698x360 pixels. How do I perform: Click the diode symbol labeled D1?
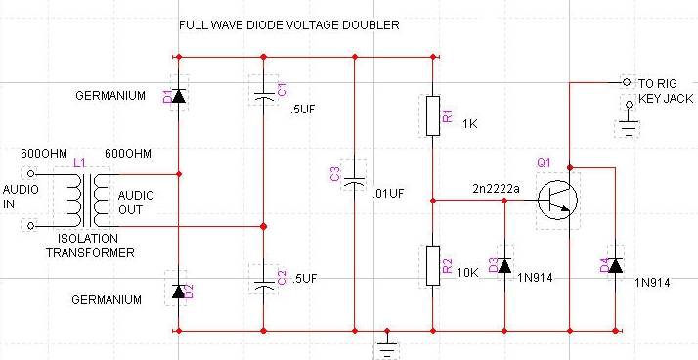coord(179,96)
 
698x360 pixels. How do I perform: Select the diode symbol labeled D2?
coord(179,292)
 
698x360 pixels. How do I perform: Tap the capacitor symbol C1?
coord(264,96)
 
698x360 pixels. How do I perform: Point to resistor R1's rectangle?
coord(433,115)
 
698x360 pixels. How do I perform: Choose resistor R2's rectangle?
coord(433,265)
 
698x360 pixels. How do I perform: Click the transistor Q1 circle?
coord(557,200)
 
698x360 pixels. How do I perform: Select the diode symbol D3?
coord(504,266)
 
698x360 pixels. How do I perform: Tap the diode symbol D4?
coord(615,266)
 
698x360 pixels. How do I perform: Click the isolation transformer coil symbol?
coord(88,200)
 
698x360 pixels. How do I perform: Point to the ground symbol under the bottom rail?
coord(387,344)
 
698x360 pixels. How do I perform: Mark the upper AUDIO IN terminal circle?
coord(30,174)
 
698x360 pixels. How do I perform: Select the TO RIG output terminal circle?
coord(627,82)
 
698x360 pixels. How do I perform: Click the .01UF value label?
coord(388,194)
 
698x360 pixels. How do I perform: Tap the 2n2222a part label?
coord(496,189)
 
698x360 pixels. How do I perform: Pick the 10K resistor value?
coord(468,273)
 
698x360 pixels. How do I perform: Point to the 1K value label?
coord(470,124)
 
